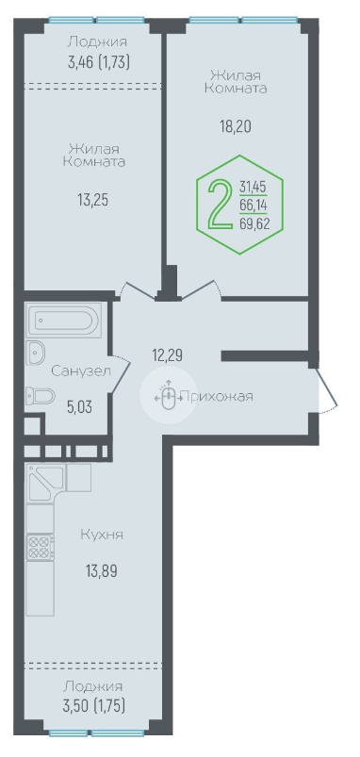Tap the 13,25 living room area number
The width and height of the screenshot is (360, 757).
tap(93, 200)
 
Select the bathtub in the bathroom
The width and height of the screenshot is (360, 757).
tap(65, 321)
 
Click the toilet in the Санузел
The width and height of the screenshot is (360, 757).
tap(41, 397)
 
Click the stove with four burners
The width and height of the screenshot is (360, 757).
tap(41, 547)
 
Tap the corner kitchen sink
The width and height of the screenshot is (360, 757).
tap(45, 483)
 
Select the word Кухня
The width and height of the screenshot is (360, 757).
tap(102, 535)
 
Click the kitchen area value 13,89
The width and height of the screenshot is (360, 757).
tap(102, 571)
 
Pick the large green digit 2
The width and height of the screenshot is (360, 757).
tap(220, 204)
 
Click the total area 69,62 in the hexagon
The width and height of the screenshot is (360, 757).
tap(254, 223)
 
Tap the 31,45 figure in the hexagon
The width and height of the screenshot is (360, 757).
tap(254, 187)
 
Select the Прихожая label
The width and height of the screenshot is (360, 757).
tap(216, 397)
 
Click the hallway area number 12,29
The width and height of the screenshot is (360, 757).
tap(168, 355)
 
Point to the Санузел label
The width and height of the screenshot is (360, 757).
tap(81, 370)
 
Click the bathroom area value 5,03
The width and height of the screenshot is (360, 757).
tap(79, 406)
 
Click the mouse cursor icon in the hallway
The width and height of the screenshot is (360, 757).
tap(168, 395)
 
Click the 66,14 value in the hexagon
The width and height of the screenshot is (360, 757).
tap(254, 206)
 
